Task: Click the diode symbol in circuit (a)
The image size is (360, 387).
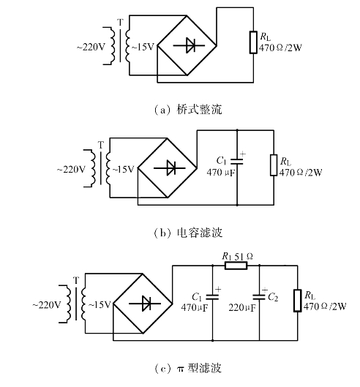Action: (x=189, y=45)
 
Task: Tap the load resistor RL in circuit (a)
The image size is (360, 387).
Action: (x=253, y=42)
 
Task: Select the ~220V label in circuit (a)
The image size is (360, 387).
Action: (x=91, y=47)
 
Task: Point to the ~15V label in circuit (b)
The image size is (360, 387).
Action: (x=123, y=169)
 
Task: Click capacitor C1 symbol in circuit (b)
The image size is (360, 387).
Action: (x=237, y=162)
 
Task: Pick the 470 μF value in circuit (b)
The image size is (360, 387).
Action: (x=221, y=172)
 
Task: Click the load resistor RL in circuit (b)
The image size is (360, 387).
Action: (x=274, y=165)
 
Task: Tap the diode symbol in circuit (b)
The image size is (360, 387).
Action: (x=169, y=168)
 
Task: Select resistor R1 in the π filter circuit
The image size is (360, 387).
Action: (x=236, y=266)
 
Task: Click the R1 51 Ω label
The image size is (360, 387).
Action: (x=237, y=257)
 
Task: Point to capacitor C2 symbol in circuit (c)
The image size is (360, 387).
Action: (x=259, y=297)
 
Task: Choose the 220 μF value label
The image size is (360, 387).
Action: (x=242, y=307)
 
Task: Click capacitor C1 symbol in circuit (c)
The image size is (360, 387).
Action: (x=212, y=297)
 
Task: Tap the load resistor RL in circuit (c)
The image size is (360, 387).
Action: (x=298, y=301)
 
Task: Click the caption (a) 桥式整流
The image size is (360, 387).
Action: (x=187, y=109)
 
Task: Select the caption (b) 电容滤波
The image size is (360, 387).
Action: (x=187, y=233)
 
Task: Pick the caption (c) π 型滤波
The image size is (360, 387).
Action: (x=187, y=368)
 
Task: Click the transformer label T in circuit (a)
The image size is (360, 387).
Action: (x=120, y=23)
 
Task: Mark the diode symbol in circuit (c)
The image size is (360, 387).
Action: (x=145, y=304)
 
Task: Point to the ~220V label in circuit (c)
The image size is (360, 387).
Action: (x=46, y=305)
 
